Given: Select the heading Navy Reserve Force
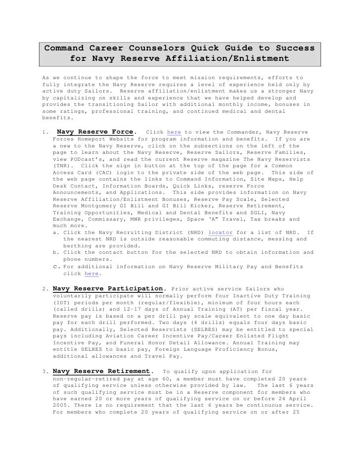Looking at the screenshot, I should point(95,132).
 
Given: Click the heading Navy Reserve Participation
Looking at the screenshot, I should point(108,288).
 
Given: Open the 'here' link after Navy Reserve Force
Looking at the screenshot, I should point(174,133).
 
